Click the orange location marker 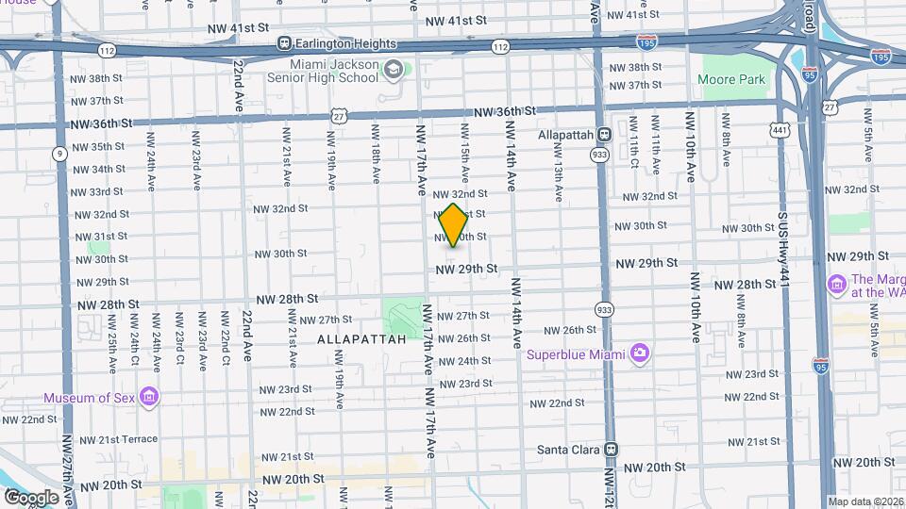point(453,224)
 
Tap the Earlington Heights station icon point(284,43)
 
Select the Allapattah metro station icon point(603,135)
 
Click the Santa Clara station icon point(611,450)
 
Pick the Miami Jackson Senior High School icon point(393,70)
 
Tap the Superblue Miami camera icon point(640,353)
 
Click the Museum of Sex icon point(148,397)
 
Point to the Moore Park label point(731,80)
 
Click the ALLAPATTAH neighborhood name point(361,338)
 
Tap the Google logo point(31,497)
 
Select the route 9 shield point(59,153)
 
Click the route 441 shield point(779,128)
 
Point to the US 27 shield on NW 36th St point(340,114)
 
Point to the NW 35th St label point(98,146)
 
